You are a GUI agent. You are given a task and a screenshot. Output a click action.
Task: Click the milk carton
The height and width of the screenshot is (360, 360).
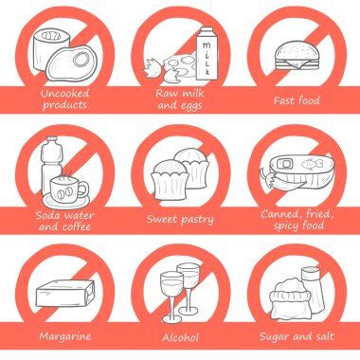pyautogui.click(x=207, y=54)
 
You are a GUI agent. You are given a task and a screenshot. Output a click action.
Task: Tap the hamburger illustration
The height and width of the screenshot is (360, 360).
pyautogui.click(x=297, y=56)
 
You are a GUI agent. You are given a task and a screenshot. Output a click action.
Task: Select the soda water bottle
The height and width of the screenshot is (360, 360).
pyautogui.click(x=51, y=164)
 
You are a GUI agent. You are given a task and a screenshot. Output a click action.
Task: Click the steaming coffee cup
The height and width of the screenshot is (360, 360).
pyautogui.click(x=67, y=189)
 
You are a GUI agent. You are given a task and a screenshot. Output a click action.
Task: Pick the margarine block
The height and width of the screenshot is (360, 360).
pyautogui.click(x=65, y=294)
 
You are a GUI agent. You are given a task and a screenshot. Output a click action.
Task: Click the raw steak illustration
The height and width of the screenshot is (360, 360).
pyautogui.click(x=71, y=63)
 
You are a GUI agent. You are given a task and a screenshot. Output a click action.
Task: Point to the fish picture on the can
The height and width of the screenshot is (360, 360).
pyautogui.click(x=312, y=164)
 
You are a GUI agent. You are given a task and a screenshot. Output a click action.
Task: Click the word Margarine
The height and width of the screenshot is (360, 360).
pyautogui.click(x=65, y=336)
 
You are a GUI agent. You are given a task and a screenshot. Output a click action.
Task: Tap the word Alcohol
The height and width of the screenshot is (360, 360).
pyautogui.click(x=180, y=337)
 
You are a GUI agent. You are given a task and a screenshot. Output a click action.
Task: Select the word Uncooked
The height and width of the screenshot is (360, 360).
pyautogui.click(x=65, y=93)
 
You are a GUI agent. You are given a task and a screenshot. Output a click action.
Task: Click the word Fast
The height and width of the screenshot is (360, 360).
pyautogui.click(x=284, y=100)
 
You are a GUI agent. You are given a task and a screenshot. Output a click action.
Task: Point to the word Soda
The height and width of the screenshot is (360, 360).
pyautogui.click(x=47, y=215)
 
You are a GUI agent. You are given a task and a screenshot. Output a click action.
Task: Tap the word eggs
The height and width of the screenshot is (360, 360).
pyautogui.click(x=190, y=106)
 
